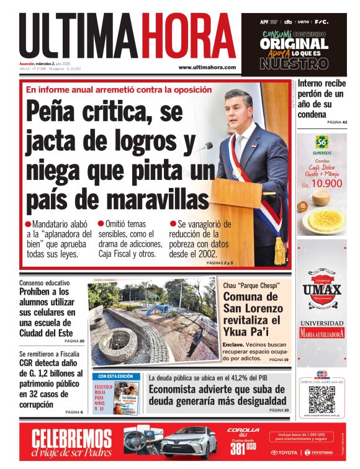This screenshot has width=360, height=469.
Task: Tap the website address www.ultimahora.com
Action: pyautogui.click(x=207, y=68)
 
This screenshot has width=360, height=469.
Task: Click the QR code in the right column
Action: pyautogui.click(x=322, y=400)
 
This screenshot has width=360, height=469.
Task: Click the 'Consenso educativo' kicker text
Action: pyautogui.click(x=45, y=283)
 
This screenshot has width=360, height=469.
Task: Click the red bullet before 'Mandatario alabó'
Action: pyautogui.click(x=28, y=223)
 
